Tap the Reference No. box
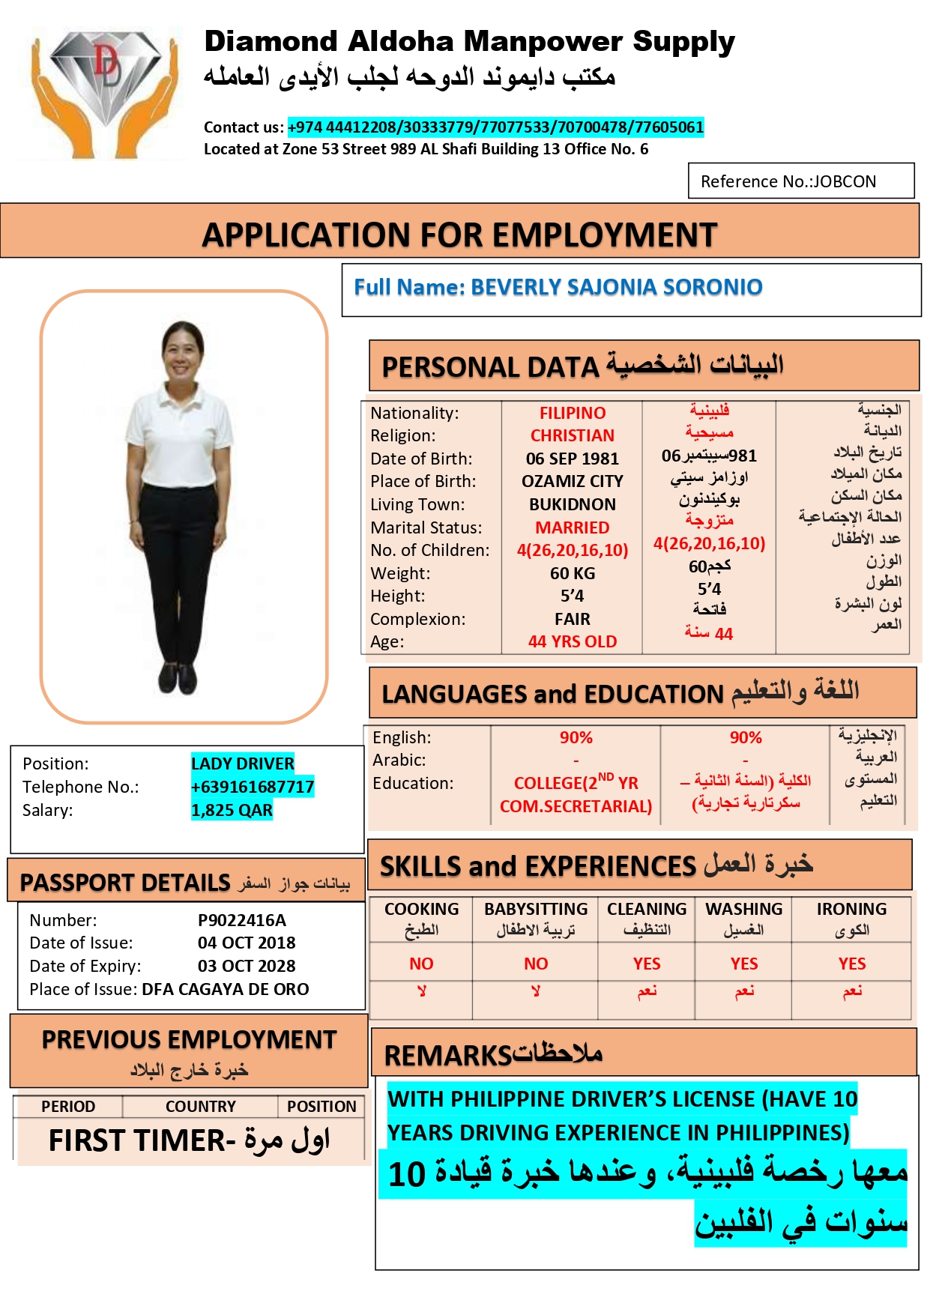coord(800,181)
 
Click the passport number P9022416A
coord(241,920)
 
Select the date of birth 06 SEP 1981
coord(572,459)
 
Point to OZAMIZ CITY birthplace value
coord(572,481)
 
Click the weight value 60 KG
coord(572,573)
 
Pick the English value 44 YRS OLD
coord(572,641)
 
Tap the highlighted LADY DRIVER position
coord(242,764)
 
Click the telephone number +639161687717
coord(252,787)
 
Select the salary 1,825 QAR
coord(232,810)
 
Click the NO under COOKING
coord(421,964)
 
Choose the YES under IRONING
coord(851,964)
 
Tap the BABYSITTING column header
coord(535,910)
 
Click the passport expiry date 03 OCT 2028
coord(247,966)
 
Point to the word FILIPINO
coord(572,413)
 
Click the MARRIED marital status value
coord(572,527)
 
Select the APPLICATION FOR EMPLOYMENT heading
coord(459,235)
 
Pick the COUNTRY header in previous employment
coord(200,1107)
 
